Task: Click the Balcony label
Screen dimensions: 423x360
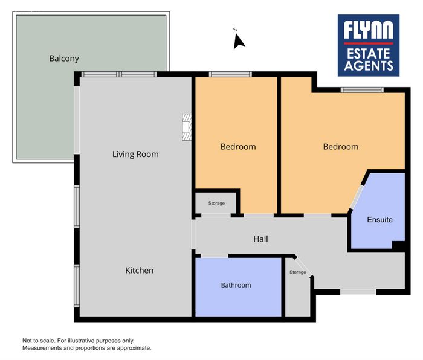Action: coord(64,59)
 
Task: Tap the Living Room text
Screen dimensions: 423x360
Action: coord(135,154)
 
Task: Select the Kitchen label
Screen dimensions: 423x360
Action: coord(140,271)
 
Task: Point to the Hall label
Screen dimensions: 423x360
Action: coord(260,239)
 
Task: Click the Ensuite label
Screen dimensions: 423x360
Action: coord(380,220)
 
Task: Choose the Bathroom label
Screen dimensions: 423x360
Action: coord(236,285)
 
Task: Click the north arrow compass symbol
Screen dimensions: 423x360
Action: coord(239,40)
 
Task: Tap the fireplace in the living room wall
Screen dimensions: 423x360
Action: coord(187,127)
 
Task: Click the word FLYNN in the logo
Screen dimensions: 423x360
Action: coord(368,30)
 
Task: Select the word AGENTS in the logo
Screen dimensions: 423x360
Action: coord(369,65)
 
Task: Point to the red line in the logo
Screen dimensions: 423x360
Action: coord(368,43)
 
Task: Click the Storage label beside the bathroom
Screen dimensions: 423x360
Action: coord(298,272)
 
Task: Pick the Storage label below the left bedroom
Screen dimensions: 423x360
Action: coord(216,203)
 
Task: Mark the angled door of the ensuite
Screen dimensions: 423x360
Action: coord(357,196)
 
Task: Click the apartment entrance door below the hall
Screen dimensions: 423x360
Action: coord(358,292)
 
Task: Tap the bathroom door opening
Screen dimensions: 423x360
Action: coord(215,256)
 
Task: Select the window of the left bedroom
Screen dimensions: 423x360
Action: coord(230,74)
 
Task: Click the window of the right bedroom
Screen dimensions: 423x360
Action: coord(362,90)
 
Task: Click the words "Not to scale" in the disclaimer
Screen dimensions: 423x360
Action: coord(38,341)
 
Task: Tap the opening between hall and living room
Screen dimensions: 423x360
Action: coord(193,234)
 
